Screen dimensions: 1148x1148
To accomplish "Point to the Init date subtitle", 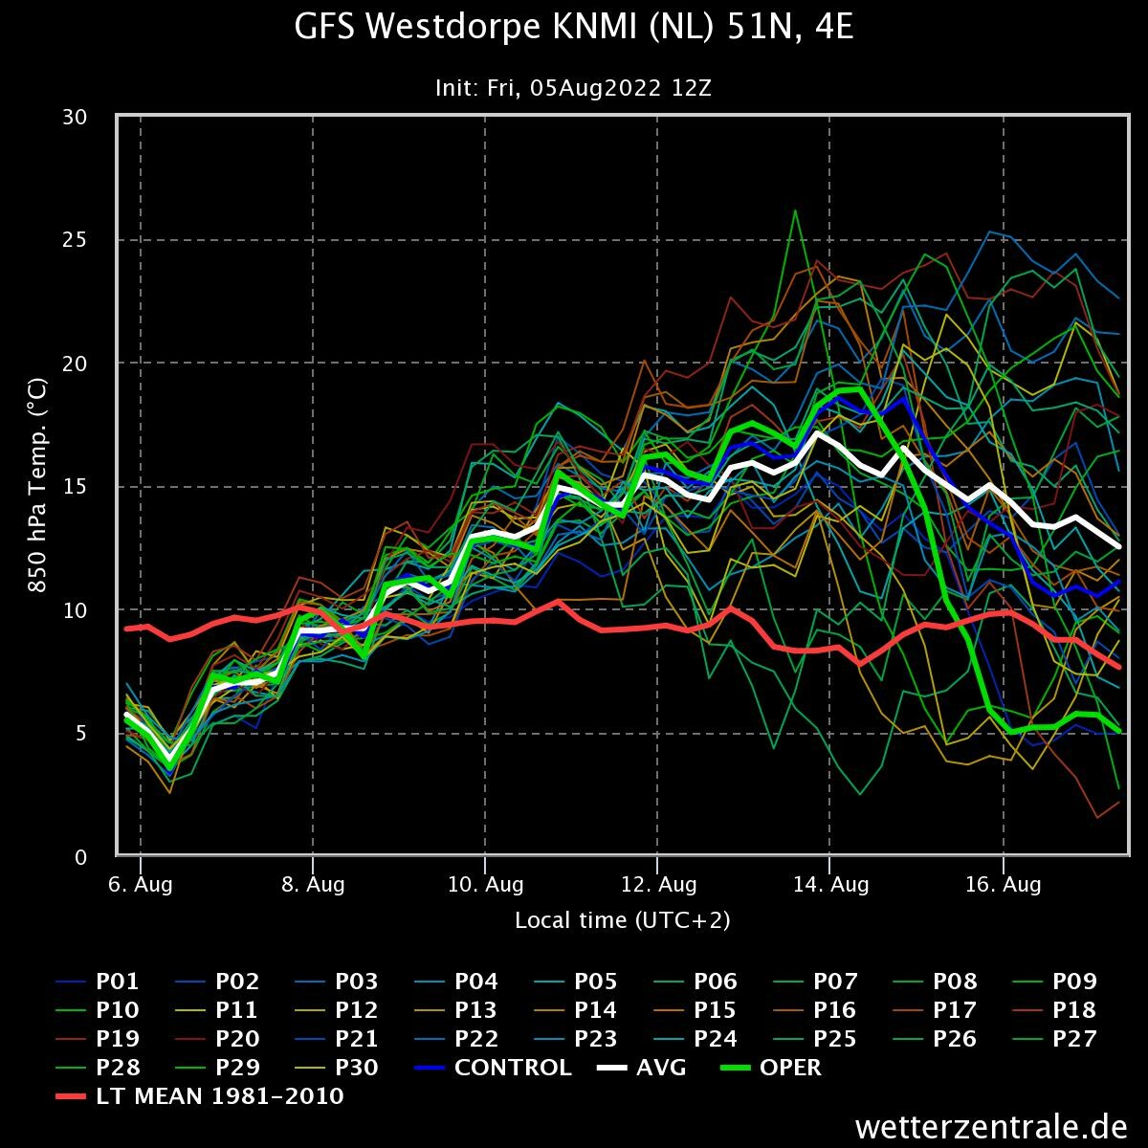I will point(573,88).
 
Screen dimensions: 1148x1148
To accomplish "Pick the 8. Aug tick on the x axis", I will point(313,885).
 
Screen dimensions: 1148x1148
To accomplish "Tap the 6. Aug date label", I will point(141,885).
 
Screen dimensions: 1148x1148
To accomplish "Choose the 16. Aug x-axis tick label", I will point(1003,885).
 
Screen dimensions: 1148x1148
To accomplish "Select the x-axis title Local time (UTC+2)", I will point(622,920).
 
